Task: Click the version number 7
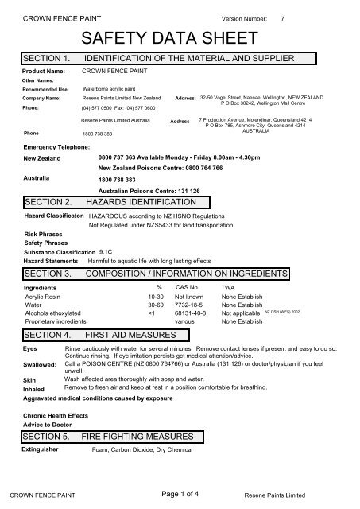[295, 17]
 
